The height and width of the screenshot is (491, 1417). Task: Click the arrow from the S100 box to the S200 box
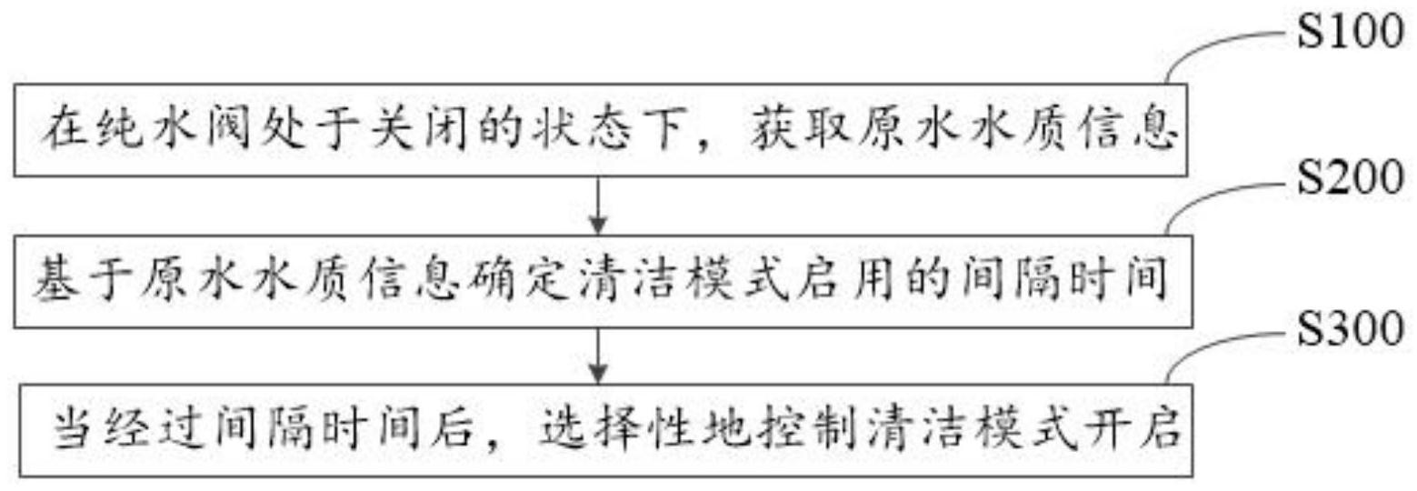pyautogui.click(x=598, y=205)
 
